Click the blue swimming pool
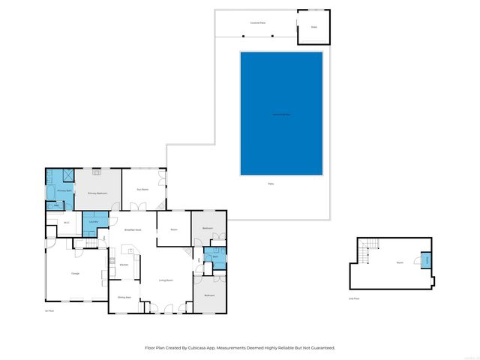(281, 113)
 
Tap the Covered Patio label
(258, 22)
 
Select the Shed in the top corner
(314, 27)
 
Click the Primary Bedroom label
(97, 193)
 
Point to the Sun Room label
(142, 189)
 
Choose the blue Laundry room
(94, 222)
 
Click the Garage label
(76, 273)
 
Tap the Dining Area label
(124, 298)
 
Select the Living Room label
(166, 280)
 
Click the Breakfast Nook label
(133, 229)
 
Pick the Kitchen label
(124, 265)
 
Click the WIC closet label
(67, 222)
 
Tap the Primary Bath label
(64, 190)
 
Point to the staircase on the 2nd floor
(364, 253)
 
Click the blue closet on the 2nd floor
(427, 261)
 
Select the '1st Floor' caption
(49, 310)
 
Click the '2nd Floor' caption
(353, 298)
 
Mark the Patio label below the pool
(271, 184)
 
